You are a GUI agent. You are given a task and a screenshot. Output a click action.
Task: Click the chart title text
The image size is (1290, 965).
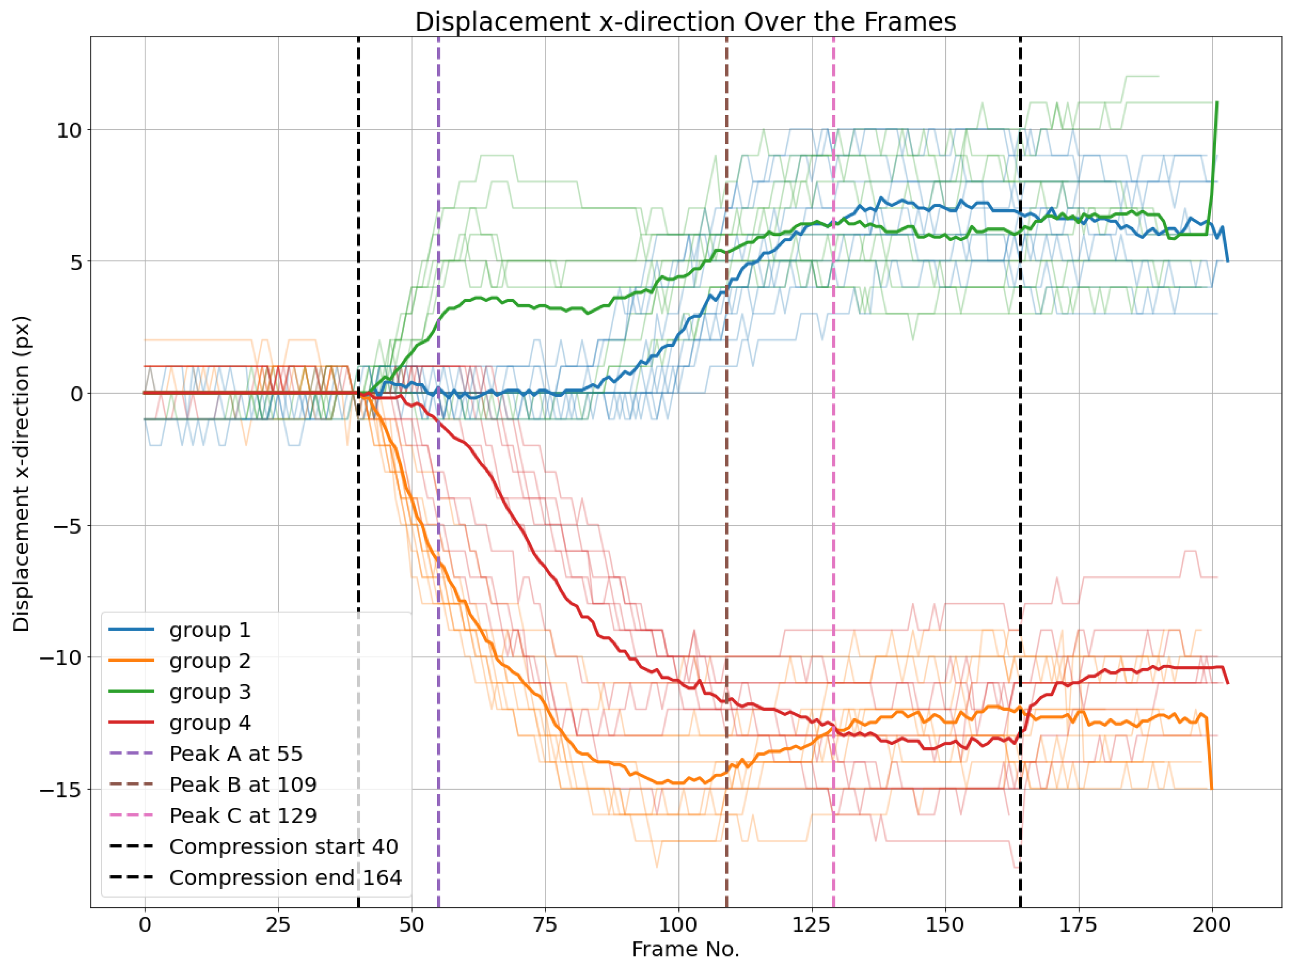(x=685, y=22)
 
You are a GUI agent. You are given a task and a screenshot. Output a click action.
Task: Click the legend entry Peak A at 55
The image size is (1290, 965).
(x=235, y=753)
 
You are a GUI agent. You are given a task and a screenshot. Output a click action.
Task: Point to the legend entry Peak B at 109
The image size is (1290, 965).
(x=243, y=784)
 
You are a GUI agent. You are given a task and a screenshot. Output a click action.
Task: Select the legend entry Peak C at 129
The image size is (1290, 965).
(x=243, y=815)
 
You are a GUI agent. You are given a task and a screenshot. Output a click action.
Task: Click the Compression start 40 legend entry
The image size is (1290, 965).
(x=284, y=846)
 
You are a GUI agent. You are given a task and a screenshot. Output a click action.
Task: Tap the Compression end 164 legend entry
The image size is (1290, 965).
(x=285, y=877)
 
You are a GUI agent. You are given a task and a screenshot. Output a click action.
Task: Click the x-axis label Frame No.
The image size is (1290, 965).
(x=685, y=949)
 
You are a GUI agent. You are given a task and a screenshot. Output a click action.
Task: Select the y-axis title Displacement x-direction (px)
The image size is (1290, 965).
(x=22, y=474)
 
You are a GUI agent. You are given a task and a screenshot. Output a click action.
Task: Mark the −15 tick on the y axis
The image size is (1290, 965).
(x=60, y=789)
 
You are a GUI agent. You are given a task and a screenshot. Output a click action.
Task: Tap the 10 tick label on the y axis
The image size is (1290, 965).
(x=68, y=130)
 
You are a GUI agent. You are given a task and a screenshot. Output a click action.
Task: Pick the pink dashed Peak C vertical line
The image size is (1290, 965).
(x=833, y=467)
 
